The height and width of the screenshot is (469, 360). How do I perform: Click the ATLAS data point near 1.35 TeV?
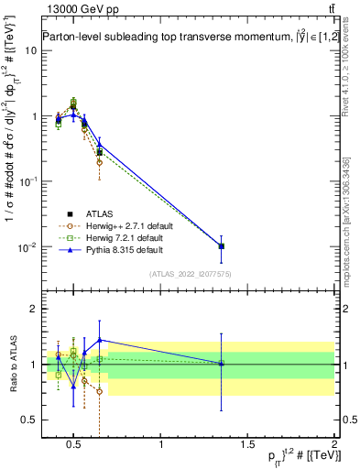click(x=222, y=246)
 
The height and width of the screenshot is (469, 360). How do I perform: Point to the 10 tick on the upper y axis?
click(x=31, y=50)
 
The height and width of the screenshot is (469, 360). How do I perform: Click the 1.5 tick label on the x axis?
click(x=247, y=445)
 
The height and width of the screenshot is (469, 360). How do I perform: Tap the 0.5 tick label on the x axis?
click(x=75, y=445)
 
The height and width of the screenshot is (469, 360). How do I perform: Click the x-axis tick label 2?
click(x=333, y=445)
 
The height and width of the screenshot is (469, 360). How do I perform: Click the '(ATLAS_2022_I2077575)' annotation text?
click(x=191, y=275)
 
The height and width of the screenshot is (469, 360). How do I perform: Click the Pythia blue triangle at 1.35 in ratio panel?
click(x=222, y=363)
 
